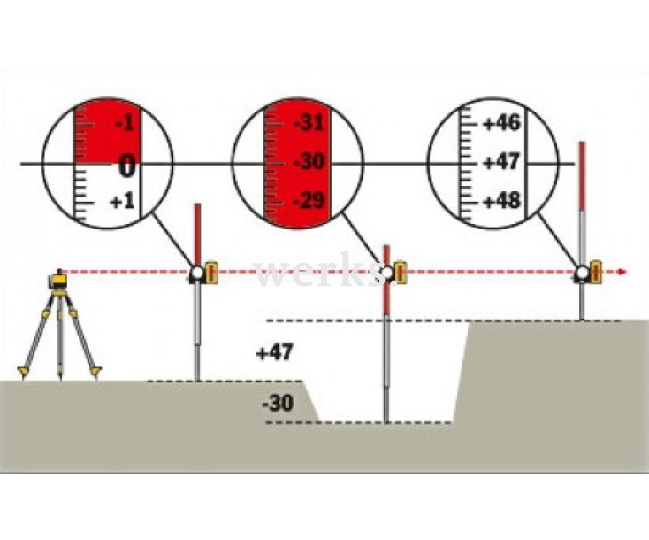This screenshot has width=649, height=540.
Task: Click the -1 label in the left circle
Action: [x=126, y=123]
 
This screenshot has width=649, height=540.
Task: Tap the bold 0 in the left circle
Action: [x=127, y=166]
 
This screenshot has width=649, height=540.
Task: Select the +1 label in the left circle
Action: [x=123, y=202]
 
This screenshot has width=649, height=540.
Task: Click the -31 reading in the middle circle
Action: [x=309, y=123]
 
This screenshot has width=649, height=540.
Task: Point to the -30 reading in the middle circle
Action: [x=309, y=162]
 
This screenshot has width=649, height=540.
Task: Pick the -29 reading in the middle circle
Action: [x=309, y=201]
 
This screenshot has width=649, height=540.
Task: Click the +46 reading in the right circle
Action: [x=501, y=123]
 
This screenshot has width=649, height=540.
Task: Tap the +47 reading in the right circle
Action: [x=501, y=162]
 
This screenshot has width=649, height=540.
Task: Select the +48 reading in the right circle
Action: [x=501, y=201]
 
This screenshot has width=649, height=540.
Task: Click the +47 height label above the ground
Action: [x=275, y=353]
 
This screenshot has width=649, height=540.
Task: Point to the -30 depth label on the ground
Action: [x=279, y=403]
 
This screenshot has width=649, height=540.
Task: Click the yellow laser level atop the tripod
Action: [x=58, y=282]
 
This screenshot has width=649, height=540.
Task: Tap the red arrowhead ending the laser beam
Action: [x=621, y=272]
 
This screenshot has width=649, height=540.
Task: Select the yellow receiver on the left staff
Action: [x=212, y=272]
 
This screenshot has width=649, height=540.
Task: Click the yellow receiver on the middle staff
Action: [x=401, y=272]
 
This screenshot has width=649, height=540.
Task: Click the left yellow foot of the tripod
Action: [x=24, y=372]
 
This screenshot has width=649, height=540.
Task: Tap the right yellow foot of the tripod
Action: [x=95, y=371]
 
